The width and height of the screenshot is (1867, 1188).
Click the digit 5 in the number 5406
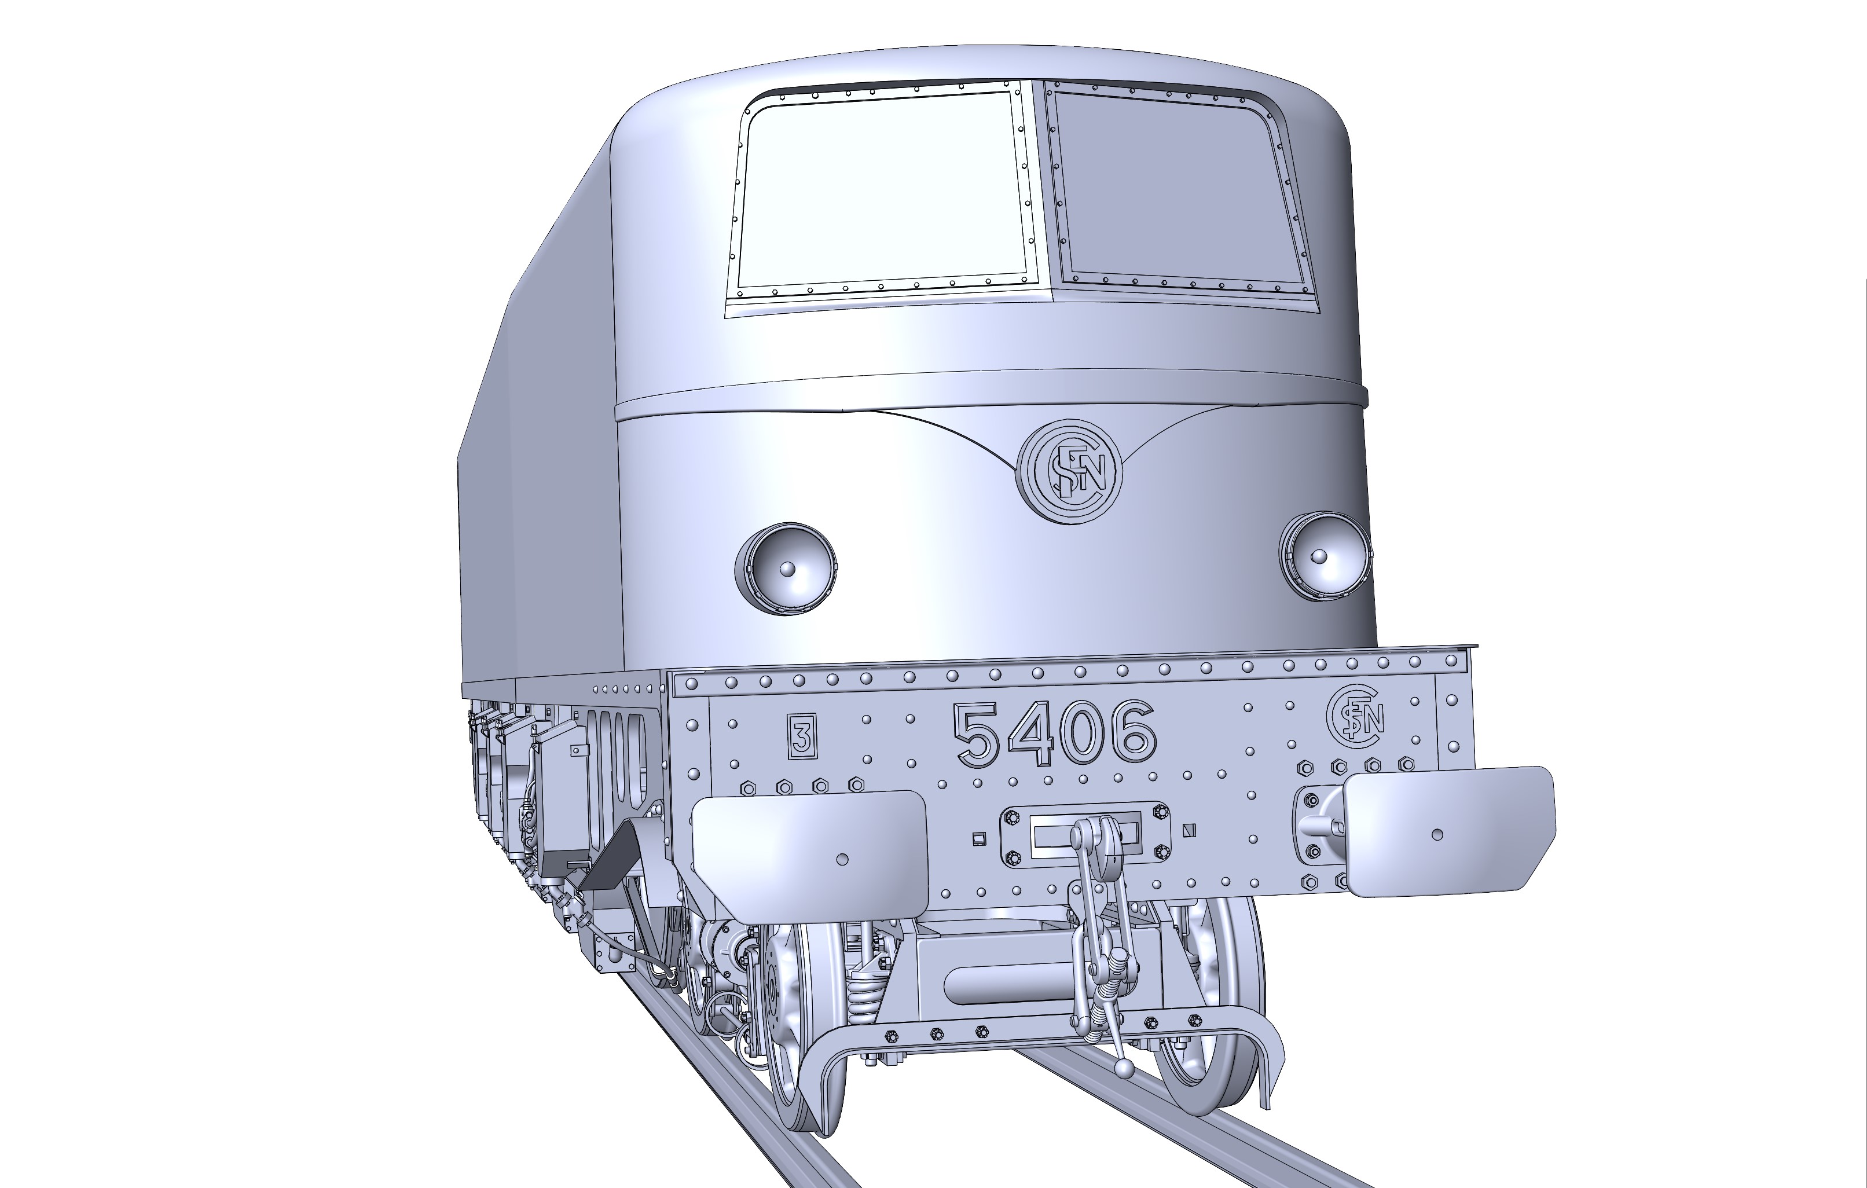click(x=978, y=736)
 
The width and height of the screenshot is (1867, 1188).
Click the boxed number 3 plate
click(x=802, y=736)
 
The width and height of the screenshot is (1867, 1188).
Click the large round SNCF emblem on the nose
click(x=1069, y=471)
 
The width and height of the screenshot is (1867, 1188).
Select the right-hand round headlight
click(x=1325, y=556)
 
